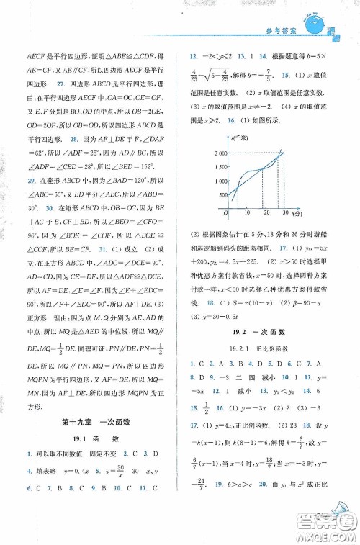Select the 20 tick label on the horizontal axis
(267, 214)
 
